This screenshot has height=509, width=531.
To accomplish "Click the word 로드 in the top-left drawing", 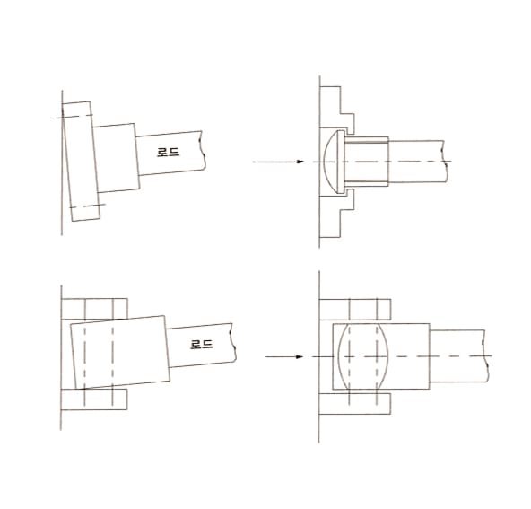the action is tap(169, 152).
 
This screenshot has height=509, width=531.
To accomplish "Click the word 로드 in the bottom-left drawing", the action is tap(202, 345).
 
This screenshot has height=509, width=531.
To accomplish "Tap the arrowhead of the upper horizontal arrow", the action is tap(300, 162).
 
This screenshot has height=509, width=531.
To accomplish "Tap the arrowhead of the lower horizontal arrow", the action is tap(299, 357).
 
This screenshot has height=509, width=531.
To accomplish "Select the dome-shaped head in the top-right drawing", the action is tap(331, 162).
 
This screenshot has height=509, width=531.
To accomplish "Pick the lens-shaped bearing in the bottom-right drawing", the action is tap(363, 356).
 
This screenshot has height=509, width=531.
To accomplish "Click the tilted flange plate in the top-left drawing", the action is tap(82, 161).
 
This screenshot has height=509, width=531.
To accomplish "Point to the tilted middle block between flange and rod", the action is tap(117, 158).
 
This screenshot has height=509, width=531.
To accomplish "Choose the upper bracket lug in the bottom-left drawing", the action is tap(95, 309).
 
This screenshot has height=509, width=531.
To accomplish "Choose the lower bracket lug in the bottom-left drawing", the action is tap(94, 399).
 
